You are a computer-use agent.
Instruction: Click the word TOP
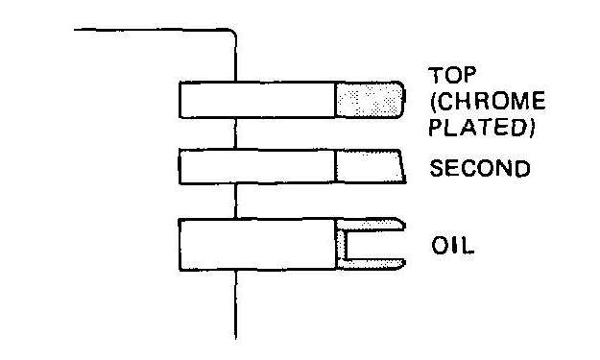452,75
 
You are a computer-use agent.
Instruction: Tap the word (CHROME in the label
488,101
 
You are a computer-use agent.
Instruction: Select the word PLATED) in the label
482,127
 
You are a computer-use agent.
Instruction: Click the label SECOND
480,168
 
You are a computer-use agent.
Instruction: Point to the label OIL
453,246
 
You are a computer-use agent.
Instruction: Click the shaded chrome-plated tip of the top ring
370,100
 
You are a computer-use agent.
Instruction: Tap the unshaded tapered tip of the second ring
370,166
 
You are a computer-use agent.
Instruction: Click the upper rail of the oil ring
371,225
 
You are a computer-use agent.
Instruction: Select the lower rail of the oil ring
371,264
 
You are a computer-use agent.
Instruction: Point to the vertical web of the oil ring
341,245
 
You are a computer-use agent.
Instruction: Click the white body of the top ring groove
257,100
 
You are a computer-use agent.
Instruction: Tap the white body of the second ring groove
257,166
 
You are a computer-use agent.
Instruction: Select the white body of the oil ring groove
257,245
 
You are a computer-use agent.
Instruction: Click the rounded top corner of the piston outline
233,32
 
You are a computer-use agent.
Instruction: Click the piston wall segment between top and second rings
235,133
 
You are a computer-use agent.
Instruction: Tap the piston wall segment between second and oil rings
236,201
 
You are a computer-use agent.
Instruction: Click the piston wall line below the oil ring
236,304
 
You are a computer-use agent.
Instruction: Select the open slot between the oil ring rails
375,245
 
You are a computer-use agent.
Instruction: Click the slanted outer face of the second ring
402,166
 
